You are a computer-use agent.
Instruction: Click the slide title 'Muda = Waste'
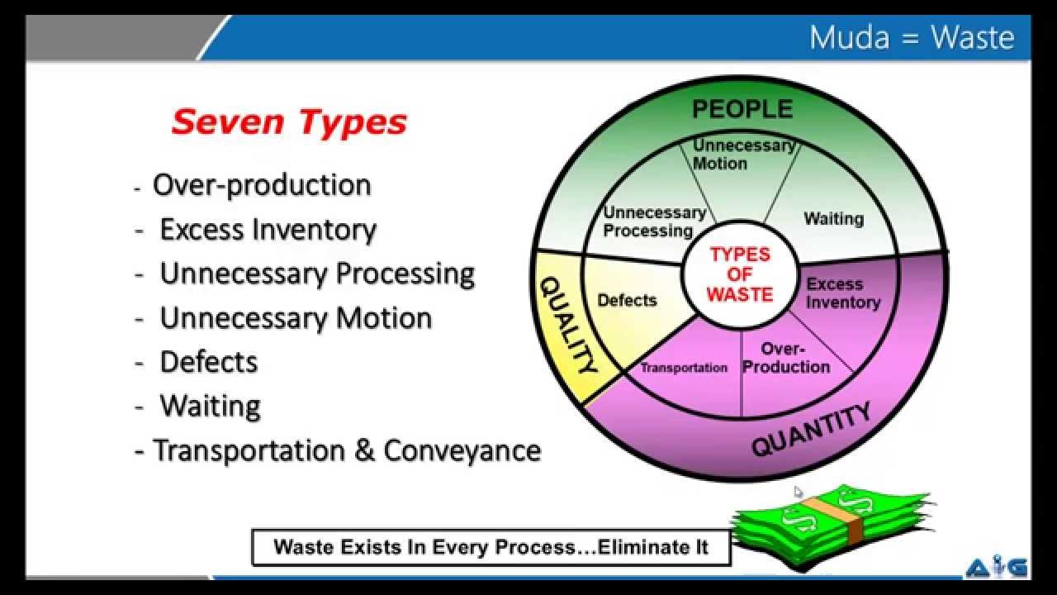click(911, 38)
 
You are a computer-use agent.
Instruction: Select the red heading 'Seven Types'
click(289, 122)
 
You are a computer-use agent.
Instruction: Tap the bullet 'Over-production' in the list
click(262, 185)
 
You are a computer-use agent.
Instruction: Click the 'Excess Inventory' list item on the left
click(268, 230)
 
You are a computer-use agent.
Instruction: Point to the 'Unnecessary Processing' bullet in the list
click(317, 274)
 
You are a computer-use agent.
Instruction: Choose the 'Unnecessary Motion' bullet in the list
click(296, 318)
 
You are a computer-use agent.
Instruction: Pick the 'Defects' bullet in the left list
click(208, 362)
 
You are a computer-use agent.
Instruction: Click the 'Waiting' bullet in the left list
click(210, 407)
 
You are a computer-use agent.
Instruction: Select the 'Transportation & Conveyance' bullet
click(347, 451)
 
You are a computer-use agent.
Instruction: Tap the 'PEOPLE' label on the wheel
click(742, 109)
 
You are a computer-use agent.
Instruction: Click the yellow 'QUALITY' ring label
click(568, 325)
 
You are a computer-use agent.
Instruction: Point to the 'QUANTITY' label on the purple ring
click(811, 430)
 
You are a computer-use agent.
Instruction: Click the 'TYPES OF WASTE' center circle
click(741, 274)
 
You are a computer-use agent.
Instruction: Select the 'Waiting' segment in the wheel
click(833, 219)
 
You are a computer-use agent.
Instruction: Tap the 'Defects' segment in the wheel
click(627, 300)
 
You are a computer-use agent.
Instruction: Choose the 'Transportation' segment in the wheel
click(684, 368)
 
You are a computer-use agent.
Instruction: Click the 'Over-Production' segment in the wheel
click(785, 359)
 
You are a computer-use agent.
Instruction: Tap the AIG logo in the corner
click(996, 568)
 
